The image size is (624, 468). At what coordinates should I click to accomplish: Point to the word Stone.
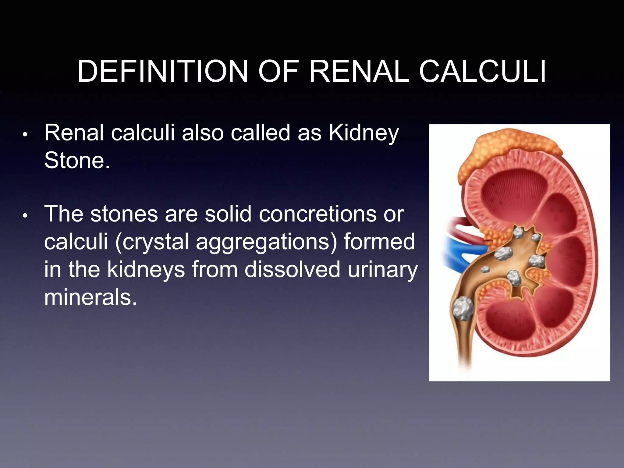pyautogui.click(x=77, y=160)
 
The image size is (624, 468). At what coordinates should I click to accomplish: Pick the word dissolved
pyautogui.click(x=292, y=269)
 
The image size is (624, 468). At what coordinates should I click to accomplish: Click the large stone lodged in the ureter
pyautogui.click(x=462, y=308)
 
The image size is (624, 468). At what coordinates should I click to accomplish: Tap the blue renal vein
pyautogui.click(x=457, y=250)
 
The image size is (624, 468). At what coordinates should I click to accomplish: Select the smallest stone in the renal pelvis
pyautogui.click(x=485, y=269)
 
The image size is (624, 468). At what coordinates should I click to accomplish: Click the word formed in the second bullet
pyautogui.click(x=379, y=242)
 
